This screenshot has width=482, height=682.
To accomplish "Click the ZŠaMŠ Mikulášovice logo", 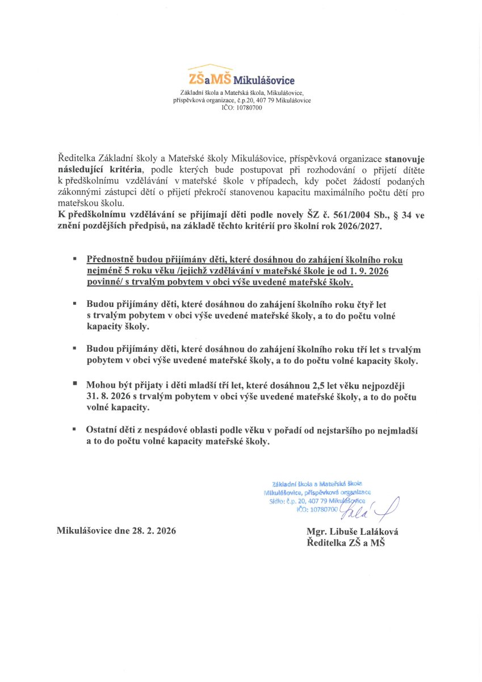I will [x=241, y=78].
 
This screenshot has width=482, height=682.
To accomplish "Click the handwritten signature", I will [x=375, y=507].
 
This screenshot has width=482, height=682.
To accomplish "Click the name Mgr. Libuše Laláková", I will [x=352, y=532].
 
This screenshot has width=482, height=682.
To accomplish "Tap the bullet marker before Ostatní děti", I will [x=74, y=430].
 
